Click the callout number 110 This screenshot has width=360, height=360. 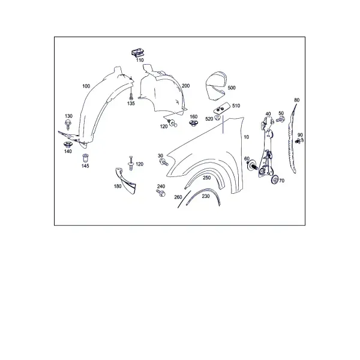pyautogui.click(x=140, y=60)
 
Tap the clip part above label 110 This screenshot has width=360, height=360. pyautogui.click(x=138, y=53)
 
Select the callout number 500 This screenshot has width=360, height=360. pyautogui.click(x=232, y=88)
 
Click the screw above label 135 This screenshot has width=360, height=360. pyautogui.click(x=131, y=95)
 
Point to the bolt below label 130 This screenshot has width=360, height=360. pyautogui.click(x=68, y=124)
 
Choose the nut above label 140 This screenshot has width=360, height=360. pyautogui.click(x=68, y=145)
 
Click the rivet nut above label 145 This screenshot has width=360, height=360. pyautogui.click(x=85, y=158)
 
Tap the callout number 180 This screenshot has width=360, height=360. pyautogui.click(x=118, y=186)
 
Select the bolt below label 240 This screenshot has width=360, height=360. pyautogui.click(x=161, y=193)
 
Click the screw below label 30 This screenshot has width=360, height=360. pyautogui.click(x=164, y=162)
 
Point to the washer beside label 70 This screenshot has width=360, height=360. pyautogui.click(x=275, y=179)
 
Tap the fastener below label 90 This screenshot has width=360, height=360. pyautogui.click(x=299, y=141)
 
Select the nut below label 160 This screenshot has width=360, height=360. pyautogui.click(x=193, y=123)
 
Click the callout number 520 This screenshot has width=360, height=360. pyautogui.click(x=209, y=119)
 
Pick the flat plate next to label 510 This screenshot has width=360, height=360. pyautogui.click(x=221, y=107)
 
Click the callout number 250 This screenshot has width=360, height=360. pyautogui.click(x=206, y=178)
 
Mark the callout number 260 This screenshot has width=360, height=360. pyautogui.click(x=178, y=197)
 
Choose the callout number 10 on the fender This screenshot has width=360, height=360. pyautogui.click(x=246, y=137)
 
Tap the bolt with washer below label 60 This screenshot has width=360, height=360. pyautogui.click(x=252, y=165)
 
